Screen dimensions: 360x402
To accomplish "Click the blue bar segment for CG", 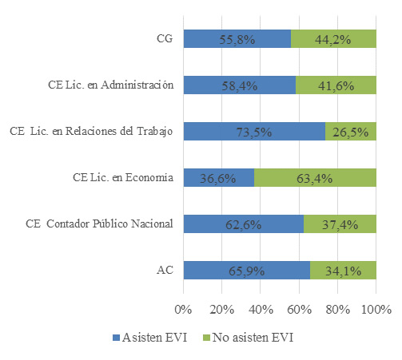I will [x=237, y=39].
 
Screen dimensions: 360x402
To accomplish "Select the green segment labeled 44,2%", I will [x=333, y=39].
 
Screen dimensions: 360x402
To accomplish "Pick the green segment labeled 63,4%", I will [x=315, y=178].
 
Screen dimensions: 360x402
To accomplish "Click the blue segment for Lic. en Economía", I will [x=218, y=178].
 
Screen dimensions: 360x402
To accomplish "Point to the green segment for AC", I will [x=343, y=271].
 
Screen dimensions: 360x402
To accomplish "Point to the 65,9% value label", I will [x=246, y=271].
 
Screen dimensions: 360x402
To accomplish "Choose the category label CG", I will [x=165, y=37].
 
